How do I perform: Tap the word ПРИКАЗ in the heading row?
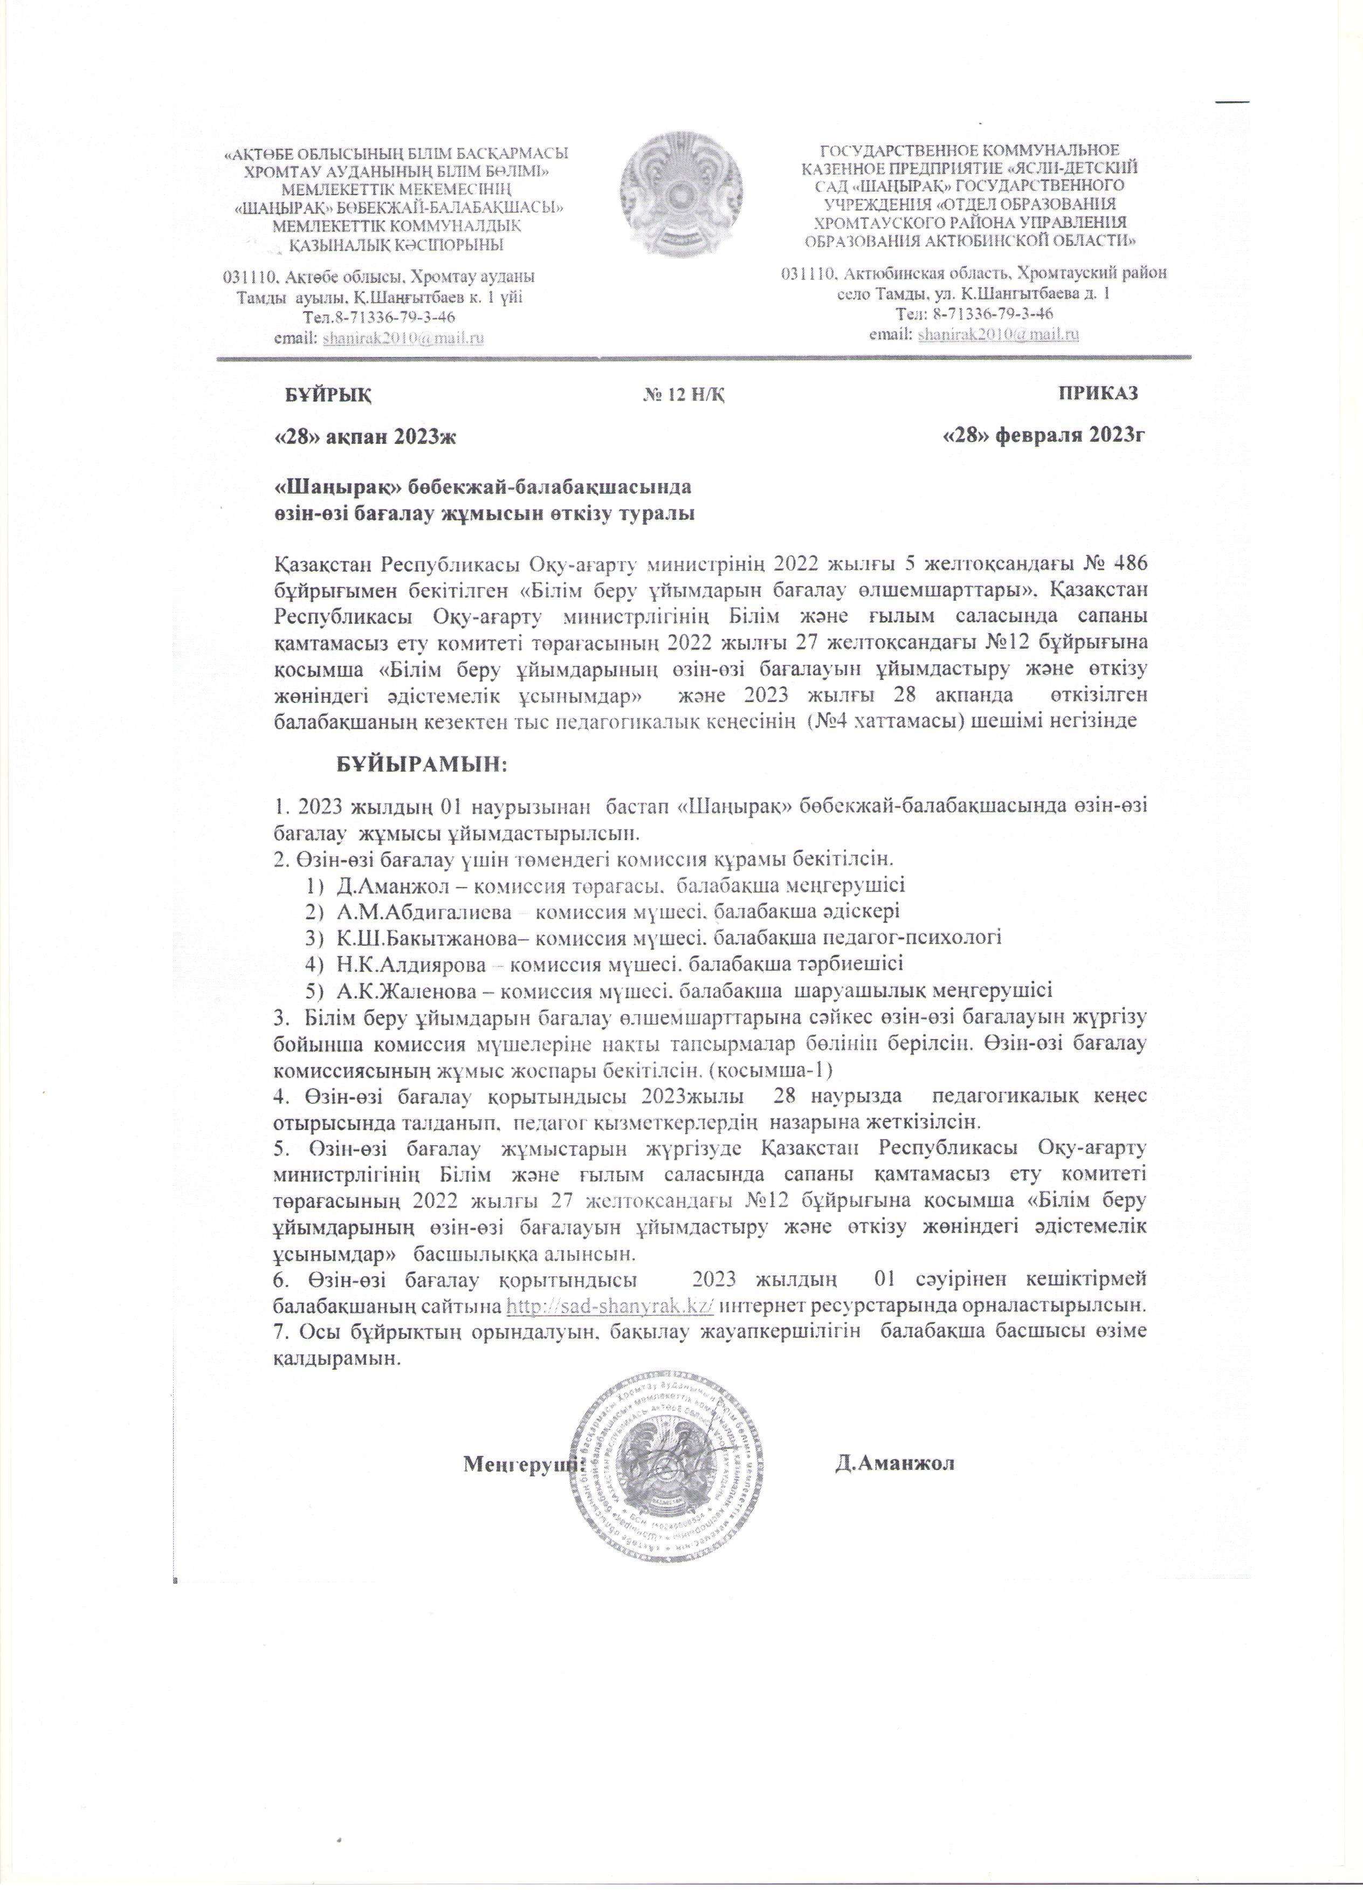(x=1098, y=394)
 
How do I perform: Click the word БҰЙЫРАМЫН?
(x=422, y=763)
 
